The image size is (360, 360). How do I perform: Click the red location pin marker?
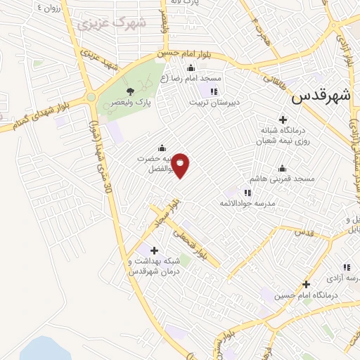(181, 165)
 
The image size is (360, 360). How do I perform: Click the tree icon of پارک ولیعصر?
(129, 91)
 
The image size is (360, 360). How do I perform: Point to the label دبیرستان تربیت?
(214, 102)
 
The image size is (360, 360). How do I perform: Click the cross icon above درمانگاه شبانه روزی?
(283, 120)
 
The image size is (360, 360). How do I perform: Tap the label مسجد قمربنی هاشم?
(281, 179)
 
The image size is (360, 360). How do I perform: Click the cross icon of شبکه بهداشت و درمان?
(154, 250)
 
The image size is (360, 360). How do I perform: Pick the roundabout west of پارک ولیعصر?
(90, 97)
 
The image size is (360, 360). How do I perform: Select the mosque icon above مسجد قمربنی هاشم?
(282, 169)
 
